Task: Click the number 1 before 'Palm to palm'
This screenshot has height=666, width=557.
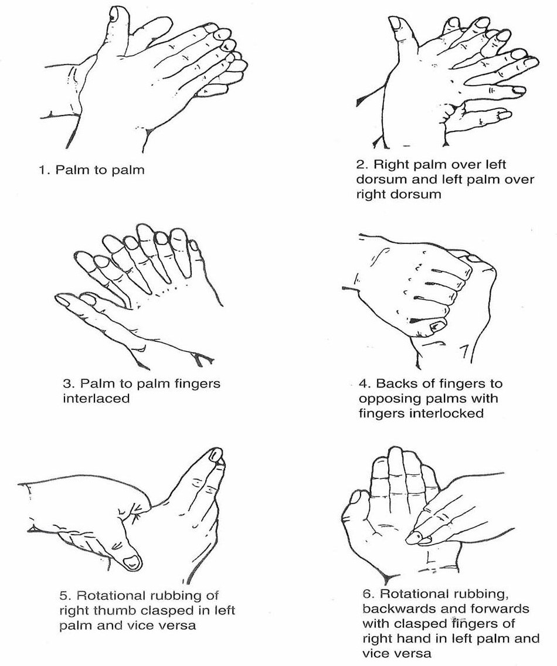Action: [x=42, y=171]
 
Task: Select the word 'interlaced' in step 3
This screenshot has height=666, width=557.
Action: [x=96, y=399]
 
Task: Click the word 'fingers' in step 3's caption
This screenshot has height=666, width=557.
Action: [x=198, y=384]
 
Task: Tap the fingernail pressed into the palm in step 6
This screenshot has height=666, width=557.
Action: [x=414, y=539]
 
